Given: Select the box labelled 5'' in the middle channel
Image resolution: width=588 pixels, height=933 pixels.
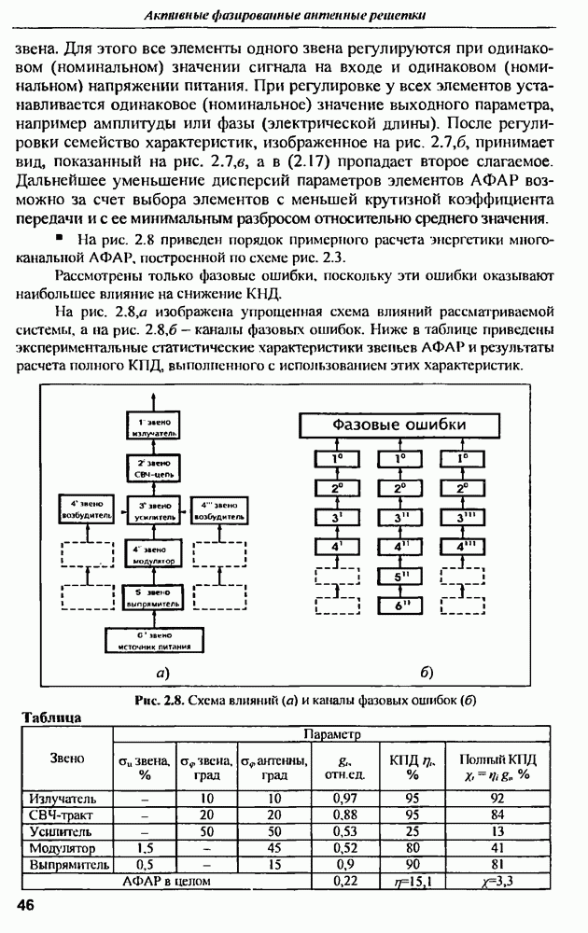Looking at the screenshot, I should point(399,577).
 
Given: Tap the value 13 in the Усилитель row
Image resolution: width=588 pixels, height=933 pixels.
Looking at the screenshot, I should point(497,831).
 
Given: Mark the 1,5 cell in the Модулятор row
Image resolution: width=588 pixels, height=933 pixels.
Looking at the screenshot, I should point(145,848).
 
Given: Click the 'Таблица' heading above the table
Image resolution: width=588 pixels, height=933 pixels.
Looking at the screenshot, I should point(53,717).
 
